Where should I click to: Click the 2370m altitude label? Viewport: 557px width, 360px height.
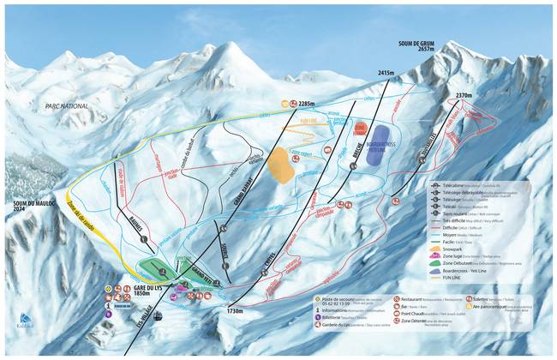[464, 95]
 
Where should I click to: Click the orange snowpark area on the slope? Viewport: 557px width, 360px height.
[280, 163]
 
